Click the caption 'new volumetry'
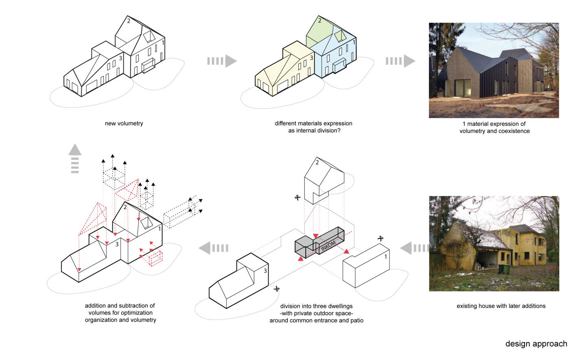[x=124, y=123]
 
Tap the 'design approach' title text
[x=536, y=344]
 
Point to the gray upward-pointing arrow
[x=75, y=159]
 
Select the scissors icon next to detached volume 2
[x=297, y=198]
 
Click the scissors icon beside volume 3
[x=277, y=289]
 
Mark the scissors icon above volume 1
[x=381, y=238]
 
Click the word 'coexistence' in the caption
[x=514, y=131]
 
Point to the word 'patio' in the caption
[x=356, y=321]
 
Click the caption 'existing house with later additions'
[x=501, y=306]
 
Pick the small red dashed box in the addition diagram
[x=156, y=259]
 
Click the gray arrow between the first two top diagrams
[x=222, y=61]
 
